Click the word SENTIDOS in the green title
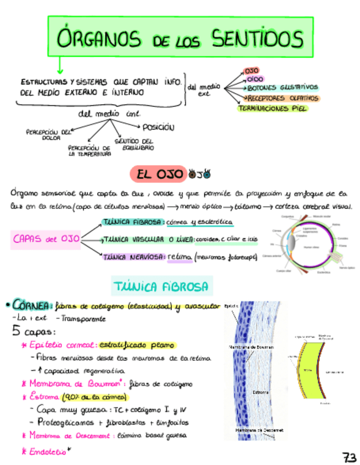[x=256, y=39]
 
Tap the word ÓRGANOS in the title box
[x=97, y=39]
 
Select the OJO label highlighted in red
[x=251, y=71]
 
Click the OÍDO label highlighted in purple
[x=255, y=80]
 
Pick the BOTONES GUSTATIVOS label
[x=282, y=88]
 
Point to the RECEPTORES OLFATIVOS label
[x=283, y=98]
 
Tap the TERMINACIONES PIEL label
[x=272, y=109]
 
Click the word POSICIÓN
[x=158, y=127]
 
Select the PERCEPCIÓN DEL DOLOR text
[x=49, y=134]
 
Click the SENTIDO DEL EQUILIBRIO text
[x=134, y=145]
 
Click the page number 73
[x=348, y=457]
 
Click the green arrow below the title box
[x=59, y=67]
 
